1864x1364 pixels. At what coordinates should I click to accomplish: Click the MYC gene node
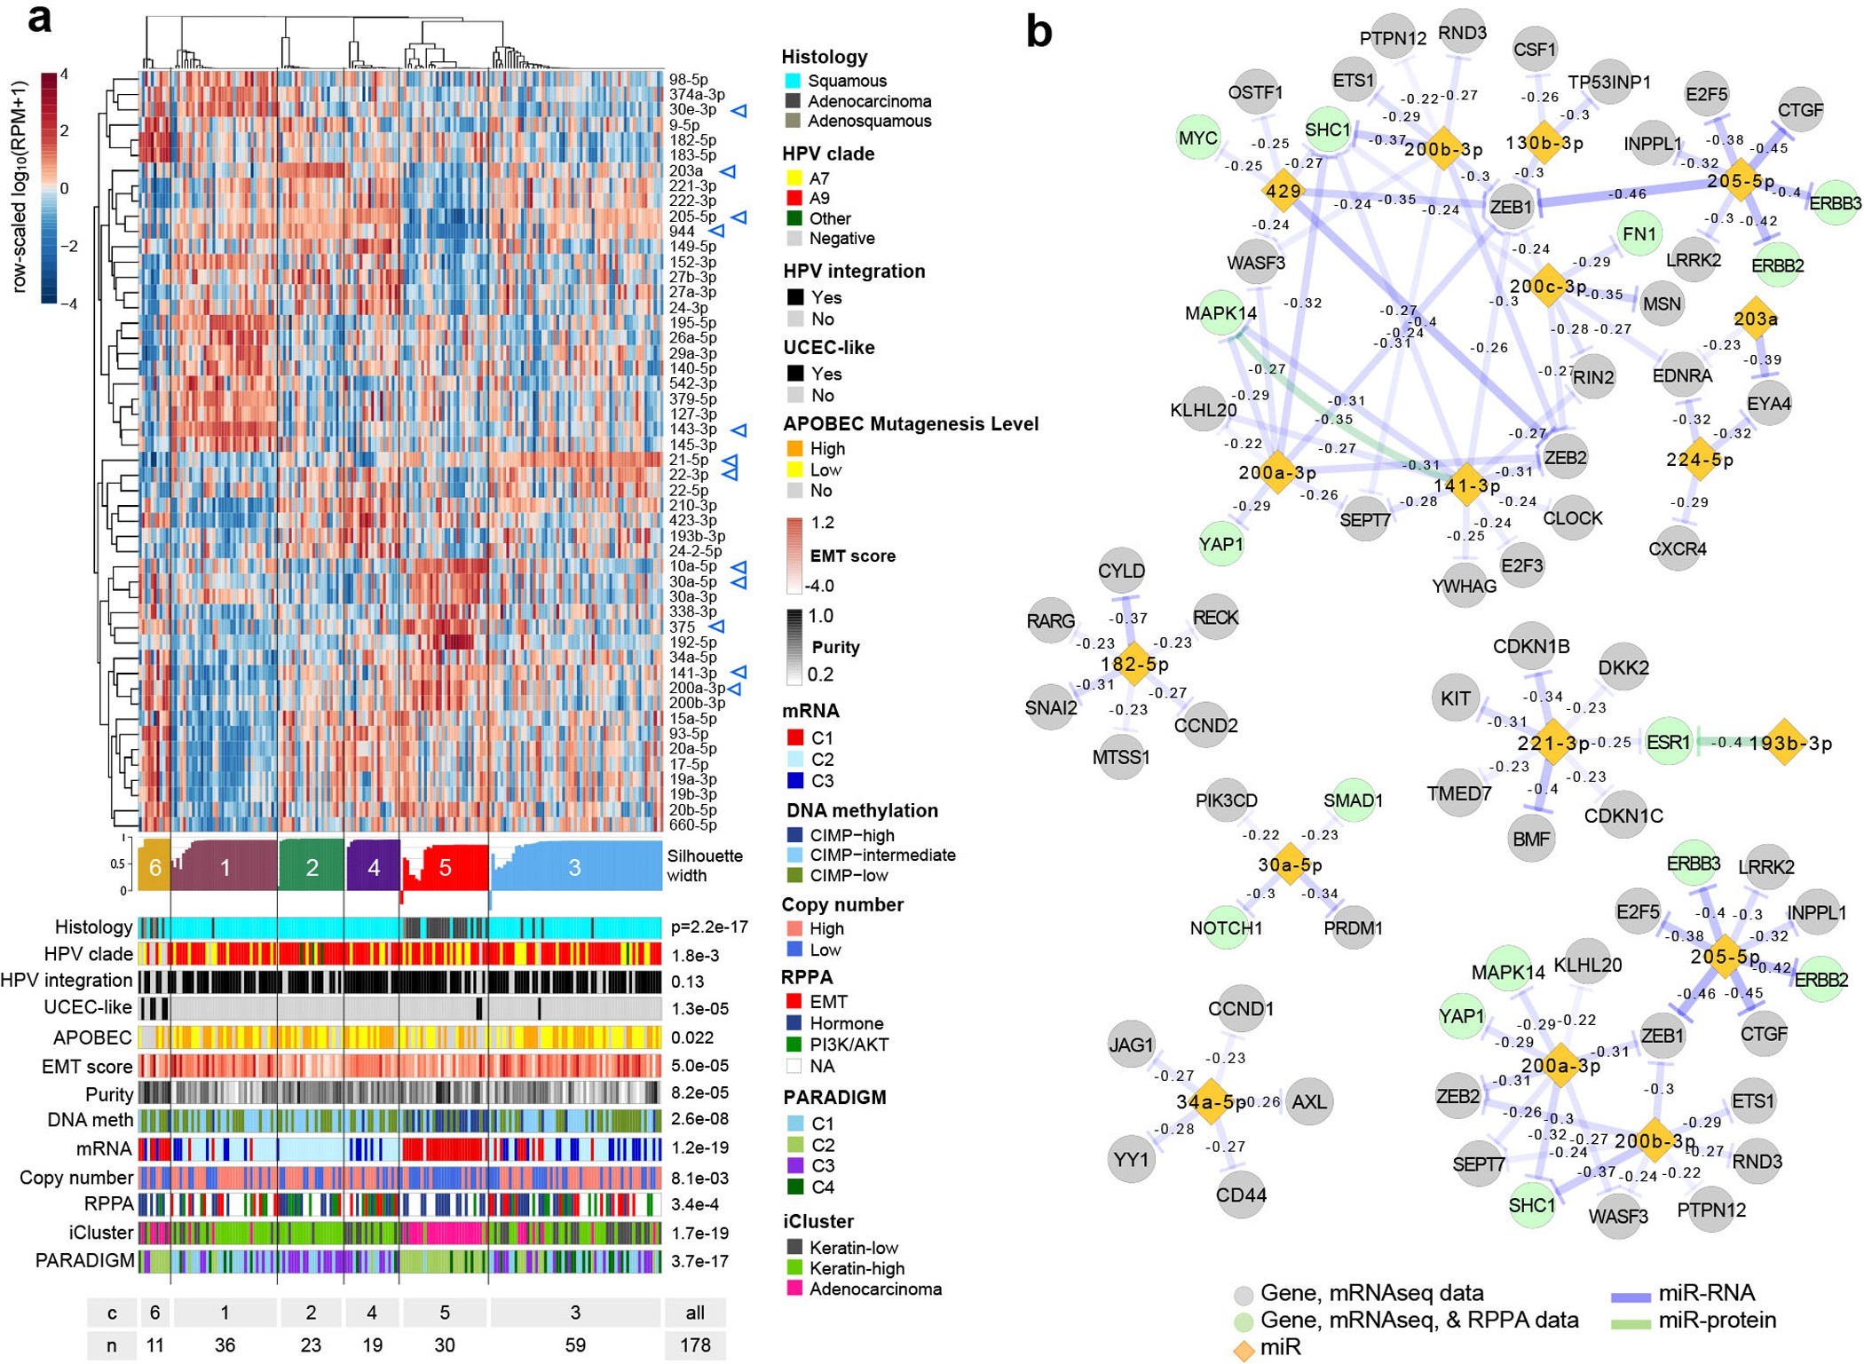tap(1197, 138)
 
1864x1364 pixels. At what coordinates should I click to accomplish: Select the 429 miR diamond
tap(1283, 191)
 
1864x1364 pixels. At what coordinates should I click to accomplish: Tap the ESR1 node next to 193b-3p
tap(1668, 742)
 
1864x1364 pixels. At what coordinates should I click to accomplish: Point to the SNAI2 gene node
tap(1051, 707)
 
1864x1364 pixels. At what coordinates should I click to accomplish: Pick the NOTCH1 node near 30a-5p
tap(1226, 928)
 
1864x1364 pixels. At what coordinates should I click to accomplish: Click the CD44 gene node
tap(1241, 1195)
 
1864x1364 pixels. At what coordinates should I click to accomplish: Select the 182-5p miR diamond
tap(1133, 664)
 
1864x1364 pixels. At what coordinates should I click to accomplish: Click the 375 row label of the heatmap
tap(682, 627)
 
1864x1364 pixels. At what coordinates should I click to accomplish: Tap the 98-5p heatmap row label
tap(688, 79)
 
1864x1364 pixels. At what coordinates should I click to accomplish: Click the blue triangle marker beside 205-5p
tap(738, 217)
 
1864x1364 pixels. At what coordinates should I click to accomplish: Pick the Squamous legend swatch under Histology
tap(793, 81)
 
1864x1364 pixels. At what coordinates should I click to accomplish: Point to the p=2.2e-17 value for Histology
tap(708, 927)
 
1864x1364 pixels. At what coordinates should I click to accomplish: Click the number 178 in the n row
tap(695, 1344)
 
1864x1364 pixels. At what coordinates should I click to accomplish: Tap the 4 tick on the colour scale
tap(64, 75)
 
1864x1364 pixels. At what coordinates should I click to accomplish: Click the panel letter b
tap(1039, 32)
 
